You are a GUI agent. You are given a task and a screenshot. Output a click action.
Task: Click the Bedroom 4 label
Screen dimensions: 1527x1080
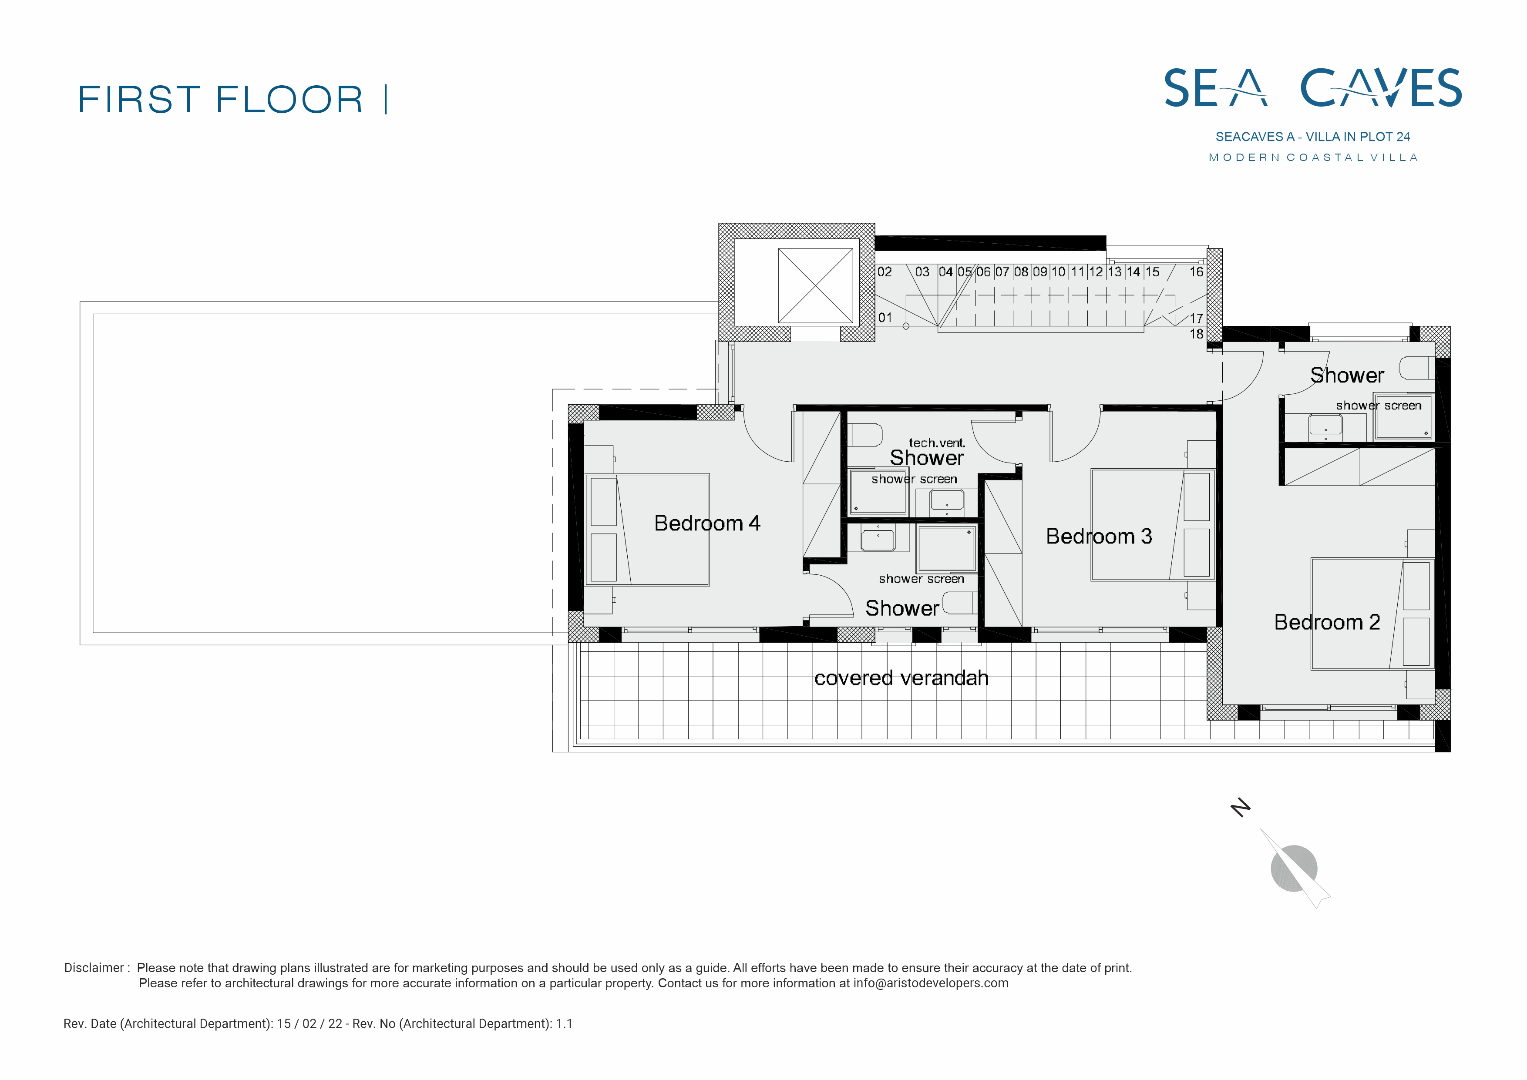pyautogui.click(x=707, y=523)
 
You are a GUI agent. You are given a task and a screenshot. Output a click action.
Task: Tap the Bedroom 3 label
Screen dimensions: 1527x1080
pyautogui.click(x=1099, y=536)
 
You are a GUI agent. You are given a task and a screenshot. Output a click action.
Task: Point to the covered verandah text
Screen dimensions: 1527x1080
pyautogui.click(x=901, y=678)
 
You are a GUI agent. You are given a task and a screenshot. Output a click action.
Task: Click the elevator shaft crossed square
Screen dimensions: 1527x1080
pyautogui.click(x=815, y=286)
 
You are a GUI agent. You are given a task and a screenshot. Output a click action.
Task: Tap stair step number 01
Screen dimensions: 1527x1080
pyautogui.click(x=885, y=318)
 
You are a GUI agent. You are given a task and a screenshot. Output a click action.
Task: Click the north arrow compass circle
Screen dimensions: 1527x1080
pyautogui.click(x=1294, y=868)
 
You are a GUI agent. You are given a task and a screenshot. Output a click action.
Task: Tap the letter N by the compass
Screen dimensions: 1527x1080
pyautogui.click(x=1240, y=807)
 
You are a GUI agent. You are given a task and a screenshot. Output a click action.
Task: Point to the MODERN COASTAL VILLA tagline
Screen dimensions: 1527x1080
pyautogui.click(x=1314, y=158)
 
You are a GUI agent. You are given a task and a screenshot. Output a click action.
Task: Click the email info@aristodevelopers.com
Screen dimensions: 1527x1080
pyautogui.click(x=931, y=983)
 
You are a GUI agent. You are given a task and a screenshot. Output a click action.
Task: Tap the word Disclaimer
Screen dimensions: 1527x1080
pyautogui.click(x=94, y=968)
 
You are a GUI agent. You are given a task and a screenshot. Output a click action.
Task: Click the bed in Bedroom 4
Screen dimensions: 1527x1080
pyautogui.click(x=647, y=530)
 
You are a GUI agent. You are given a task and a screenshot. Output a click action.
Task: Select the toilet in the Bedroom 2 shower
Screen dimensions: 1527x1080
pyautogui.click(x=1415, y=368)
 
